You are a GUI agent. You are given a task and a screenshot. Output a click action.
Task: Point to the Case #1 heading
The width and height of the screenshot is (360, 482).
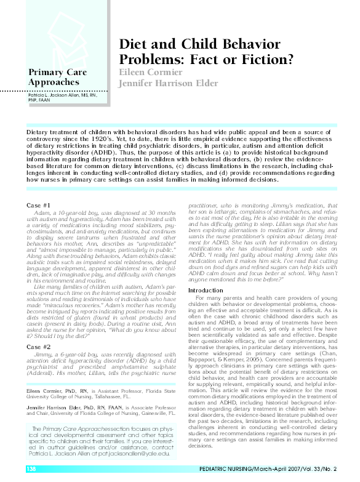tap(39, 204)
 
